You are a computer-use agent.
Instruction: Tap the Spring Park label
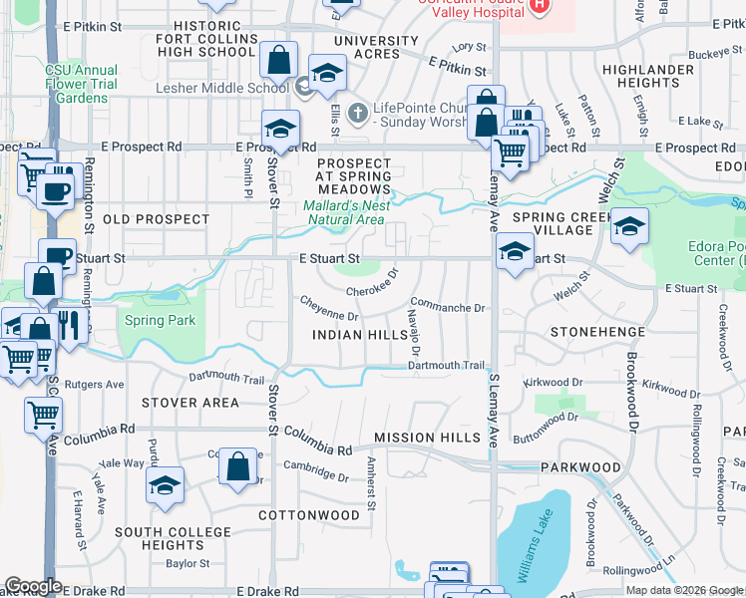[161, 321]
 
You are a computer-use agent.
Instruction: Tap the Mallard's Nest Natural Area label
[344, 212]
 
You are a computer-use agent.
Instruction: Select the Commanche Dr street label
[448, 308]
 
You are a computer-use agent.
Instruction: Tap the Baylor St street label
[188, 563]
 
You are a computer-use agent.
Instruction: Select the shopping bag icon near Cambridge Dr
[238, 466]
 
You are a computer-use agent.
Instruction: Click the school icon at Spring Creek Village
[629, 226]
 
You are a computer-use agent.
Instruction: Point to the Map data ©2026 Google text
[684, 590]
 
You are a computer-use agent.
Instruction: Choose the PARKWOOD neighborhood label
[581, 467]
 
